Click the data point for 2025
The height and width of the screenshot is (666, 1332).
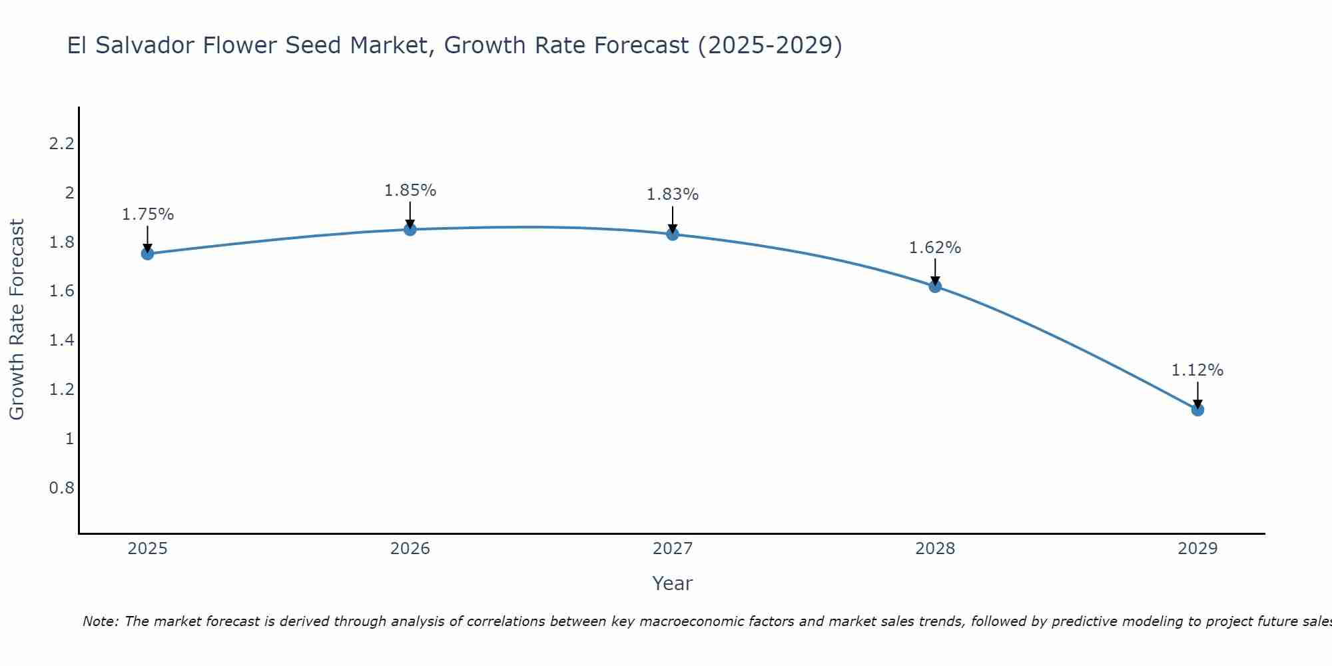(147, 254)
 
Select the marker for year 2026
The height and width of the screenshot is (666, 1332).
(410, 229)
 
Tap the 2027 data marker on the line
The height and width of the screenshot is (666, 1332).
(673, 234)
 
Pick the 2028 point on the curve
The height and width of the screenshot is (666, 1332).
(935, 286)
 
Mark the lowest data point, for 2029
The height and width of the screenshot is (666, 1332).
(1197, 410)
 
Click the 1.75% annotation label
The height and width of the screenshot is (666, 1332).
(147, 214)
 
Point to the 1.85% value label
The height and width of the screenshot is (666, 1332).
(410, 190)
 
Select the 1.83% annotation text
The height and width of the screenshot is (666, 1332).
(673, 194)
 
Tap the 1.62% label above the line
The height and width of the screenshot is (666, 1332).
(935, 248)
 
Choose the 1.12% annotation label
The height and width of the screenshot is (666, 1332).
(1197, 370)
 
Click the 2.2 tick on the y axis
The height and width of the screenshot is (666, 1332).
(61, 144)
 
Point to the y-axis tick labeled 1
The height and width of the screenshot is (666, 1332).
(69, 439)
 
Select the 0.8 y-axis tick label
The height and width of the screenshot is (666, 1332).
(61, 488)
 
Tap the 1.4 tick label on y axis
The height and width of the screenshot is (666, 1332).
(61, 340)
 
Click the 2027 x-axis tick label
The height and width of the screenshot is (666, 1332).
(673, 549)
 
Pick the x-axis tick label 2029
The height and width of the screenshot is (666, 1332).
(1197, 549)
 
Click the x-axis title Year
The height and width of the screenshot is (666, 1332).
(673, 583)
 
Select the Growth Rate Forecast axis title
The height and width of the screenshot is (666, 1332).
(17, 320)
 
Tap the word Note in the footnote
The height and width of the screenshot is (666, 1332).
(100, 621)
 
